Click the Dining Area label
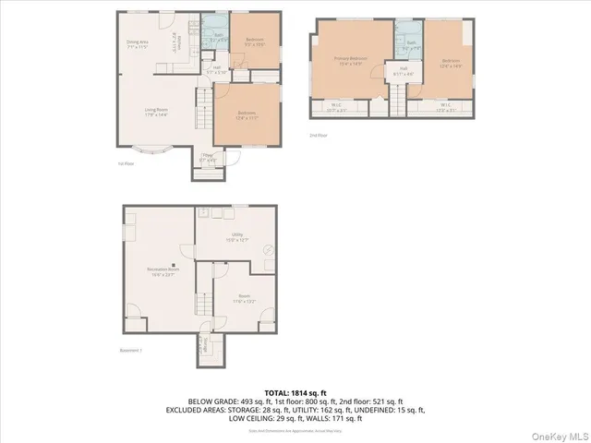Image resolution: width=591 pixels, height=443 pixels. pos(138,44)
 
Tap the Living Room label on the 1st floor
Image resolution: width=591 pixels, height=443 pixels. pos(155,112)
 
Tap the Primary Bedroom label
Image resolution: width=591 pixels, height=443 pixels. pos(351,61)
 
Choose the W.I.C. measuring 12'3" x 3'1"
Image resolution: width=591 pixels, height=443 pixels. pos(444,107)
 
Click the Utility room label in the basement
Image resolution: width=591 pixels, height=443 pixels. pos(236,236)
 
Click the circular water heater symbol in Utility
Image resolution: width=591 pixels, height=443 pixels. pos(269,248)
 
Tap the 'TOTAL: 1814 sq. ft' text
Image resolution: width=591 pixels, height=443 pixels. pos(295,392)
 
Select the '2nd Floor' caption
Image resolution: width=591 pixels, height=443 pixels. pos(319,135)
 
